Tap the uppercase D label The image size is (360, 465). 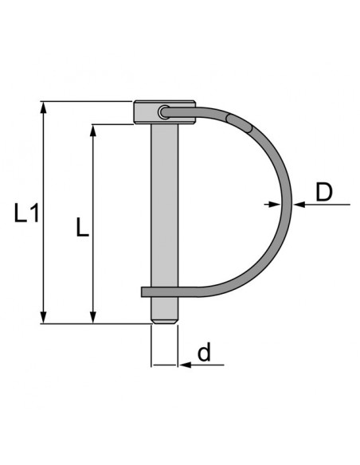tap(324, 192)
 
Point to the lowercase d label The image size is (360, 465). tap(205, 354)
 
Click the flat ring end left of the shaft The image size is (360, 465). tap(146, 291)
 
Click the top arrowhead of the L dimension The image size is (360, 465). tap(94, 129)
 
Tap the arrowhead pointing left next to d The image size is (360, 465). tap(183, 365)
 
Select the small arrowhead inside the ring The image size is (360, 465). tap(283, 205)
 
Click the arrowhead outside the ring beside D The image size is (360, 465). tap(299, 205)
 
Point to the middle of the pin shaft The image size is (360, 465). tap(164, 207)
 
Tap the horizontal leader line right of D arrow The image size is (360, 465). tap(327, 205)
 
